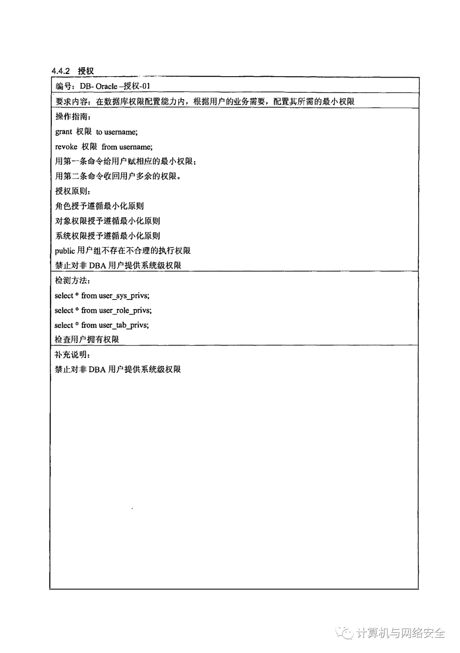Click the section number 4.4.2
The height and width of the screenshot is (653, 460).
click(x=60, y=71)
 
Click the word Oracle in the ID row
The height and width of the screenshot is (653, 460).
click(x=106, y=86)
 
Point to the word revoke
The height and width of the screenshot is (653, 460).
click(x=66, y=147)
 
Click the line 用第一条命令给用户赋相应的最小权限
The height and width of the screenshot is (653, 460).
click(x=125, y=162)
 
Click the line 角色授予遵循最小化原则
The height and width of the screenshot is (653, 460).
click(x=100, y=206)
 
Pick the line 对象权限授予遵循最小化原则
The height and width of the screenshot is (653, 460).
click(x=108, y=221)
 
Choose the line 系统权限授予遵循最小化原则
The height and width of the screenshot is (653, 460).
click(x=108, y=236)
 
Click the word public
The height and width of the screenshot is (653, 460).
click(x=65, y=251)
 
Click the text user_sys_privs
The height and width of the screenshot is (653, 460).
click(x=124, y=296)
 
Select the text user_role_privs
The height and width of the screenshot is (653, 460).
click(x=125, y=311)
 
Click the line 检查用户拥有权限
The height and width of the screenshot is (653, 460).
click(x=87, y=339)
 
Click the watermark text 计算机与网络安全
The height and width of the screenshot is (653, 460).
click(x=400, y=633)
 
